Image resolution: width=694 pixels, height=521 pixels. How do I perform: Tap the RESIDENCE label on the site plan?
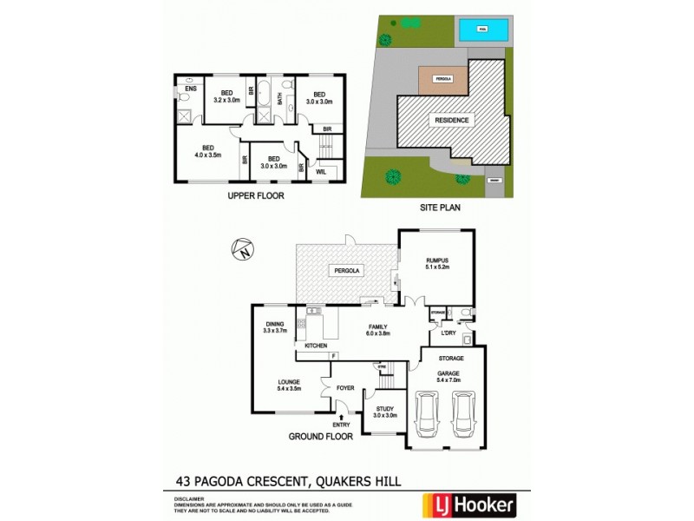pyautogui.click(x=451, y=121)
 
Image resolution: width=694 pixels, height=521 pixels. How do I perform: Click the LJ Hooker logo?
pyautogui.click(x=469, y=504)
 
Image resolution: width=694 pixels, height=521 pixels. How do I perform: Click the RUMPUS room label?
pyautogui.click(x=436, y=260)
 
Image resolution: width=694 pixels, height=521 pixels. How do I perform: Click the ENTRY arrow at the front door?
pyautogui.click(x=343, y=419)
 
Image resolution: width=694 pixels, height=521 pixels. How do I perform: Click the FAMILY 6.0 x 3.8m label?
pyautogui.click(x=377, y=329)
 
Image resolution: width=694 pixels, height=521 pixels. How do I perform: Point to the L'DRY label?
pyautogui.click(x=448, y=333)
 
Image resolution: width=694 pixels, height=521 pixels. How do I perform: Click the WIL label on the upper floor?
pyautogui.click(x=320, y=172)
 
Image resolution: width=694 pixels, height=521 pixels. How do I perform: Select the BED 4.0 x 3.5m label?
pyautogui.click(x=207, y=151)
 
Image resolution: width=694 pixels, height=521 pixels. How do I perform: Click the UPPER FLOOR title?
pyautogui.click(x=256, y=196)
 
